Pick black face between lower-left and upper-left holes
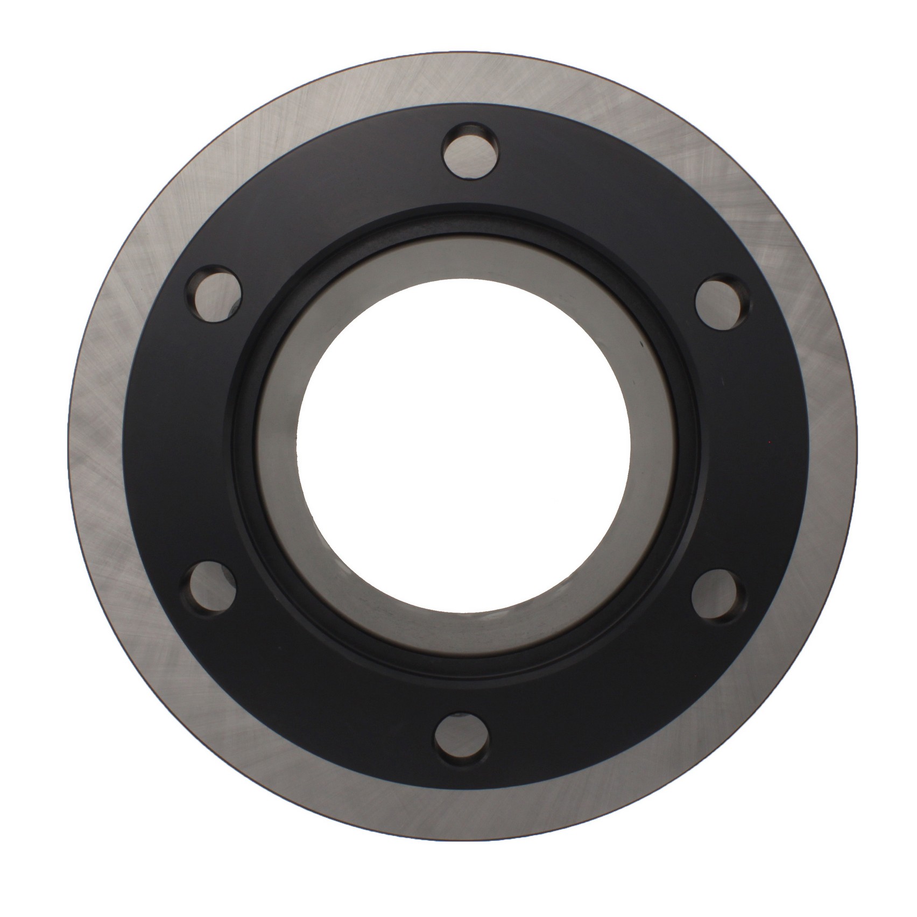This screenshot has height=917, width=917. click(172, 441)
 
